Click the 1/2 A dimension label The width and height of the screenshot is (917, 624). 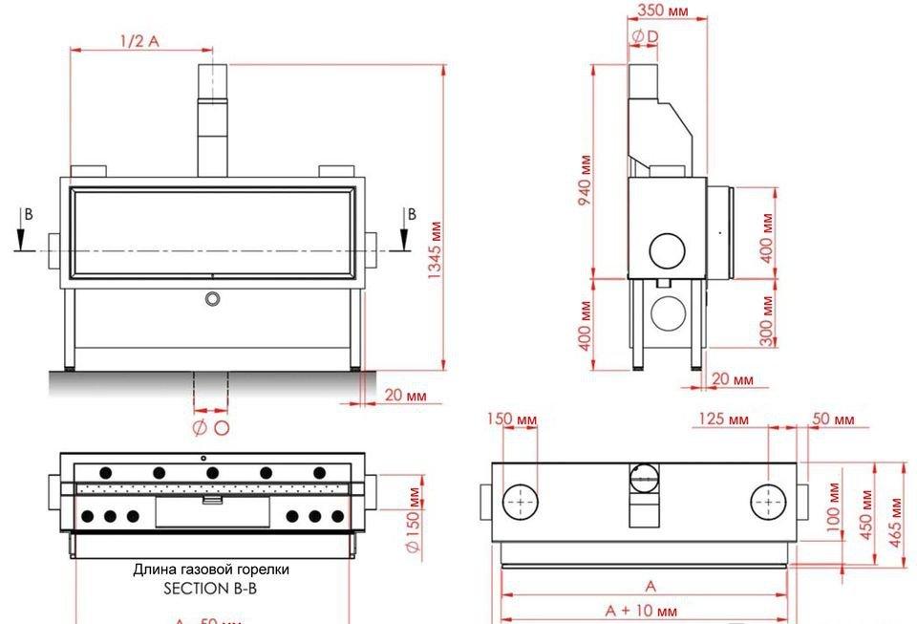[139, 41]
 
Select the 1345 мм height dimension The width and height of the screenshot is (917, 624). [436, 248]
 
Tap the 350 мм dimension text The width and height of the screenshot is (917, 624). [663, 11]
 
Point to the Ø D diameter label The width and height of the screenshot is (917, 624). [645, 35]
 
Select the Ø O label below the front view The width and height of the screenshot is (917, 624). [211, 427]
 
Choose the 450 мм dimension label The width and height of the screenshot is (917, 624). [866, 516]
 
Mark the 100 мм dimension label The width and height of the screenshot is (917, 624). [833, 506]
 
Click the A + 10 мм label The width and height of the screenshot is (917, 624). [641, 611]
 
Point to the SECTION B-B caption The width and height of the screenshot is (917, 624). [210, 589]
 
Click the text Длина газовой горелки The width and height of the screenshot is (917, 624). [210, 570]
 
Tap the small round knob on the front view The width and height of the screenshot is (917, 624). [212, 298]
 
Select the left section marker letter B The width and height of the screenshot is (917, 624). [29, 215]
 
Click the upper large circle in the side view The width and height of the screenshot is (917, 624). [668, 248]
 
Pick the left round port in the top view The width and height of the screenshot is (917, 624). [522, 501]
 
